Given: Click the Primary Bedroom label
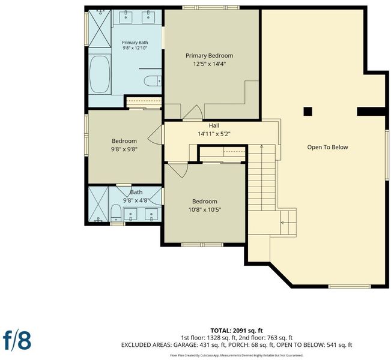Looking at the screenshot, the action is (x=210, y=56).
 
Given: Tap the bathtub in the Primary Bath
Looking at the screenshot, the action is (x=100, y=74).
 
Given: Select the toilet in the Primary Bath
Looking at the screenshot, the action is (x=153, y=81).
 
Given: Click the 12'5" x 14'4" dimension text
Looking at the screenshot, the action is (x=210, y=64).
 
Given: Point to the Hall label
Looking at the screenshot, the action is (x=214, y=125).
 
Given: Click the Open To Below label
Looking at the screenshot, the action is (x=327, y=147).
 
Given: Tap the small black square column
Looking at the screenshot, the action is (x=308, y=112).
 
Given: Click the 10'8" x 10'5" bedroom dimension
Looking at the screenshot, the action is (x=205, y=210).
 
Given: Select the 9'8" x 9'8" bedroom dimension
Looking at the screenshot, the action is (x=124, y=149).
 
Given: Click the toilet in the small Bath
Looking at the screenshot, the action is (x=116, y=213).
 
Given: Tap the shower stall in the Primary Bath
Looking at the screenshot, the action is (x=100, y=28).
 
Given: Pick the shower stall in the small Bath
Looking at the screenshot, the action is (x=99, y=204).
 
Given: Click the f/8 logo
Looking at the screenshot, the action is (x=17, y=340).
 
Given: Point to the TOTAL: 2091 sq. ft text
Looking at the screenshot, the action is (x=237, y=331).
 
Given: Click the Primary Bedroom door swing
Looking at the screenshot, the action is (x=193, y=112).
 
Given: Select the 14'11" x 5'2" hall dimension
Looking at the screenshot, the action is (x=214, y=134).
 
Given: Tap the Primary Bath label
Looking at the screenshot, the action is (x=135, y=43).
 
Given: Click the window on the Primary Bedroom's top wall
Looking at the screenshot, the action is (x=211, y=8).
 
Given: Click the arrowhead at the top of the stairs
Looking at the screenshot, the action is (x=262, y=146).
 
